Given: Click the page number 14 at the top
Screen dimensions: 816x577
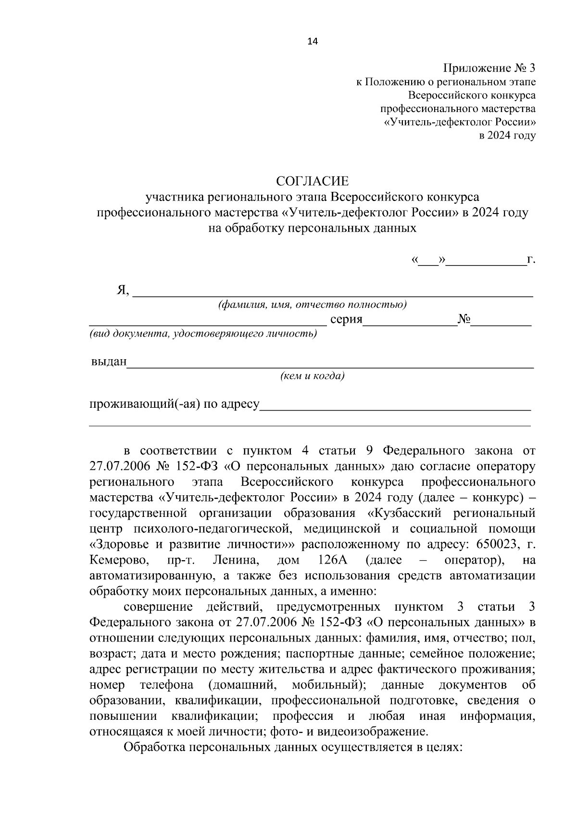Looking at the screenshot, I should click(x=312, y=41).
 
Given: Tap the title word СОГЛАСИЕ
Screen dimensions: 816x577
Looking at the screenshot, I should click(x=312, y=181).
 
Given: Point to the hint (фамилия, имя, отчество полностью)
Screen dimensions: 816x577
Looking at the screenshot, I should click(x=312, y=305).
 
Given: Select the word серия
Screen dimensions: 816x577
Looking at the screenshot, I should click(x=346, y=319).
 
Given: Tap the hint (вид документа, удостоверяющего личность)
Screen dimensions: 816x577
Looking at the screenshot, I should click(x=203, y=334).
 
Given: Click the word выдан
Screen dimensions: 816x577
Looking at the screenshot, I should click(x=108, y=362).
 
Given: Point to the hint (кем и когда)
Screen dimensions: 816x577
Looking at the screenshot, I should click(x=313, y=376).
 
